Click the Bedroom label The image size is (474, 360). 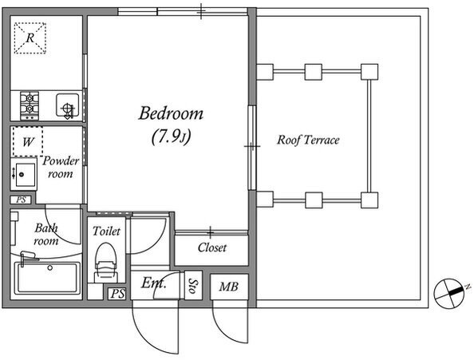pos(171,113)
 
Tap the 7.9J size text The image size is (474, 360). pos(171,136)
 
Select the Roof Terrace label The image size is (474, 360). pos(308,140)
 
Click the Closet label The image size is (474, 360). pos(212,248)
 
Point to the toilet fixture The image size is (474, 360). pos(105,263)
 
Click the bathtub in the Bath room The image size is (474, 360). pos(48,278)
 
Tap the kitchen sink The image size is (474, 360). pos(68,106)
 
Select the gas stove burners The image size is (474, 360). pos(30,105)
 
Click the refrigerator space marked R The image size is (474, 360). pos(30,38)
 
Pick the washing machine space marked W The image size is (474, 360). pos(27,141)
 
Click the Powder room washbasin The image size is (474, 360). pos(24,174)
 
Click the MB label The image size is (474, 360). pos(229,287)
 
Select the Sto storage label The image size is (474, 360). pos(193,286)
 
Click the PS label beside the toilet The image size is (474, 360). pos(117,294)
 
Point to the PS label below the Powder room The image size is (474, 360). pos(22,200)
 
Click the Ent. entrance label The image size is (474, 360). pos(153,283)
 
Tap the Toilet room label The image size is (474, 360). pos(106,231)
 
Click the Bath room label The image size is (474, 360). pos(46,235)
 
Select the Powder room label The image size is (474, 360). pos(61,167)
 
